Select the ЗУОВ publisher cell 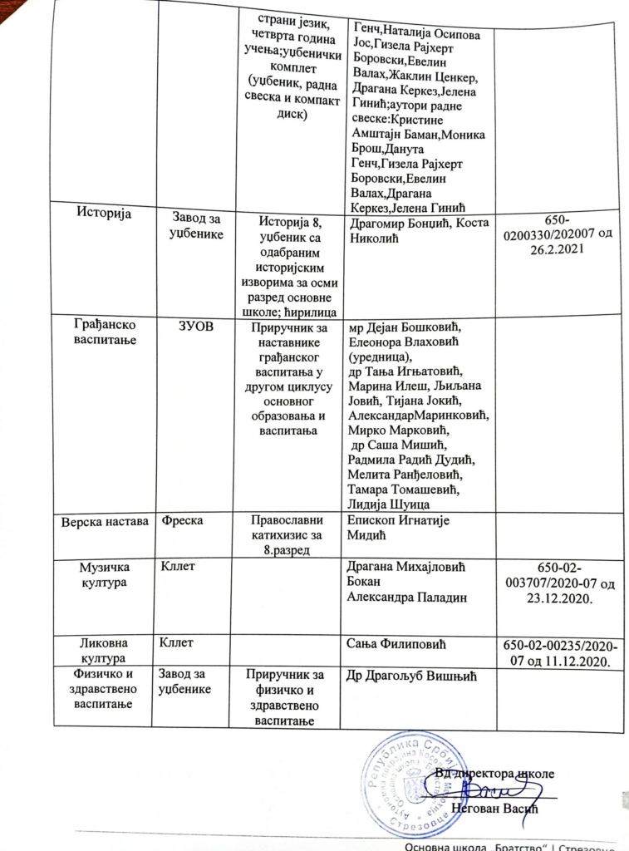[x=191, y=327]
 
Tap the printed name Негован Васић [x=496, y=809]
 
